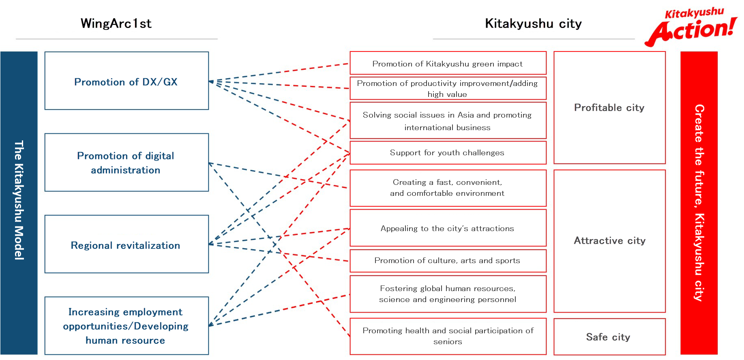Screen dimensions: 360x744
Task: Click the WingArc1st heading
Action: [x=116, y=24]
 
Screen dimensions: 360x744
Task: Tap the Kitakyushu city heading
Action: [x=533, y=24]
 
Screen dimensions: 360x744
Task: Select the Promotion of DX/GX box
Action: [x=126, y=81]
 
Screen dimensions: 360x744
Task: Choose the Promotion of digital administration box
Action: [x=126, y=163]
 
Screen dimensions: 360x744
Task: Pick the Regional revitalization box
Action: [x=126, y=244]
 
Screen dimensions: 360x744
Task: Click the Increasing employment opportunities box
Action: [x=126, y=326]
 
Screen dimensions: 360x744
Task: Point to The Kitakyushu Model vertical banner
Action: [x=19, y=203]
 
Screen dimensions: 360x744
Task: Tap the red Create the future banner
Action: [x=699, y=203]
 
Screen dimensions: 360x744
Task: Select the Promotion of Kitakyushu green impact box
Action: [x=448, y=64]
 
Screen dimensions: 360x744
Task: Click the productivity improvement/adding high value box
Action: [x=448, y=88]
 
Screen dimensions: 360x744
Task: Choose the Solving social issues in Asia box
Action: [x=448, y=121]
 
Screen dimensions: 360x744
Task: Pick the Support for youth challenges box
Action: [x=448, y=152]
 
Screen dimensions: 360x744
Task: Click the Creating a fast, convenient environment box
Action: [x=448, y=188]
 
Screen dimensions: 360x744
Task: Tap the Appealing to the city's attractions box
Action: [x=448, y=228]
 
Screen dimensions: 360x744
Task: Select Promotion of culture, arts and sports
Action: [x=448, y=260]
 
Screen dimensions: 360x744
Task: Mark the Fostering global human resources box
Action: [x=448, y=294]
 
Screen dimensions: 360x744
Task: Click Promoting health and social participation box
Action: [x=448, y=336]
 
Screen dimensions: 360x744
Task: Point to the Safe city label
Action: [x=609, y=337]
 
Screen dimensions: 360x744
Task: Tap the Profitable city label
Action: [x=609, y=107]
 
